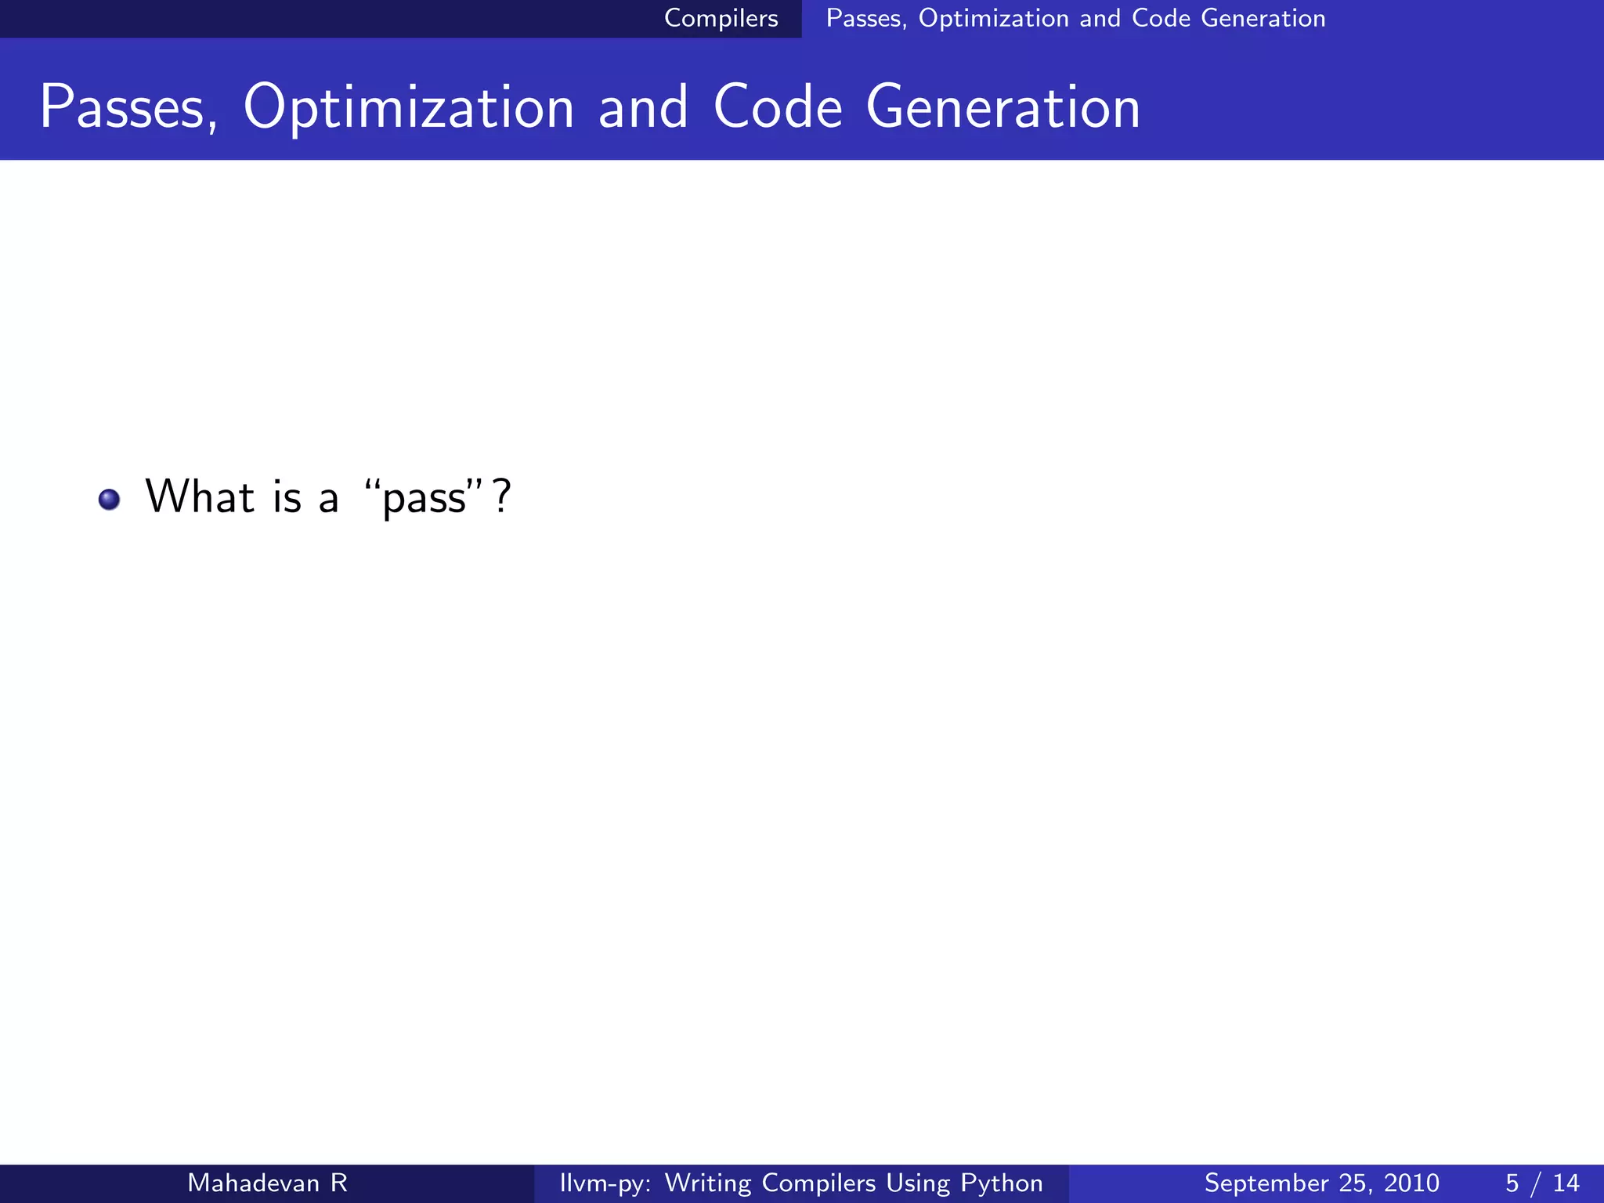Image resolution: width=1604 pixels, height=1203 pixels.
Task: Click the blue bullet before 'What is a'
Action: click(x=110, y=500)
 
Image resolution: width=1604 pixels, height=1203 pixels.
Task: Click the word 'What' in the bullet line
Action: click(x=200, y=497)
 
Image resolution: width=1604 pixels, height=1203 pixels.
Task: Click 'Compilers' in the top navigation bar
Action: click(x=721, y=18)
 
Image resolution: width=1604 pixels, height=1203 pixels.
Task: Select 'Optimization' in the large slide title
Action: click(x=409, y=107)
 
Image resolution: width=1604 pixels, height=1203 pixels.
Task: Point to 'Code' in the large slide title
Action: click(x=778, y=107)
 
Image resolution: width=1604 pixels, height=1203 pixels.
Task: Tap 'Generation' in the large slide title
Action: click(x=1003, y=107)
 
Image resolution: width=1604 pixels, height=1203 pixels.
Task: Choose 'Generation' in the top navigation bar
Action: click(x=1263, y=18)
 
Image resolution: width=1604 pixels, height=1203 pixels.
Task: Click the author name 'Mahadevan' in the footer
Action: click(x=253, y=1183)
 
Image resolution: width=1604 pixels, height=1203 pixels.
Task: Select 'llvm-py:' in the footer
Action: click(x=605, y=1183)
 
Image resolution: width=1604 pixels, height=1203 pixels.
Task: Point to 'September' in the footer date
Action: click(x=1265, y=1183)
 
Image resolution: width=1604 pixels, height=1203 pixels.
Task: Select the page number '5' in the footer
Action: click(x=1512, y=1183)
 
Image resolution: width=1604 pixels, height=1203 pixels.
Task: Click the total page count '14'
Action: click(x=1566, y=1183)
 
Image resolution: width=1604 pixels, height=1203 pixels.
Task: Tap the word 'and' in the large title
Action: click(x=643, y=107)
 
